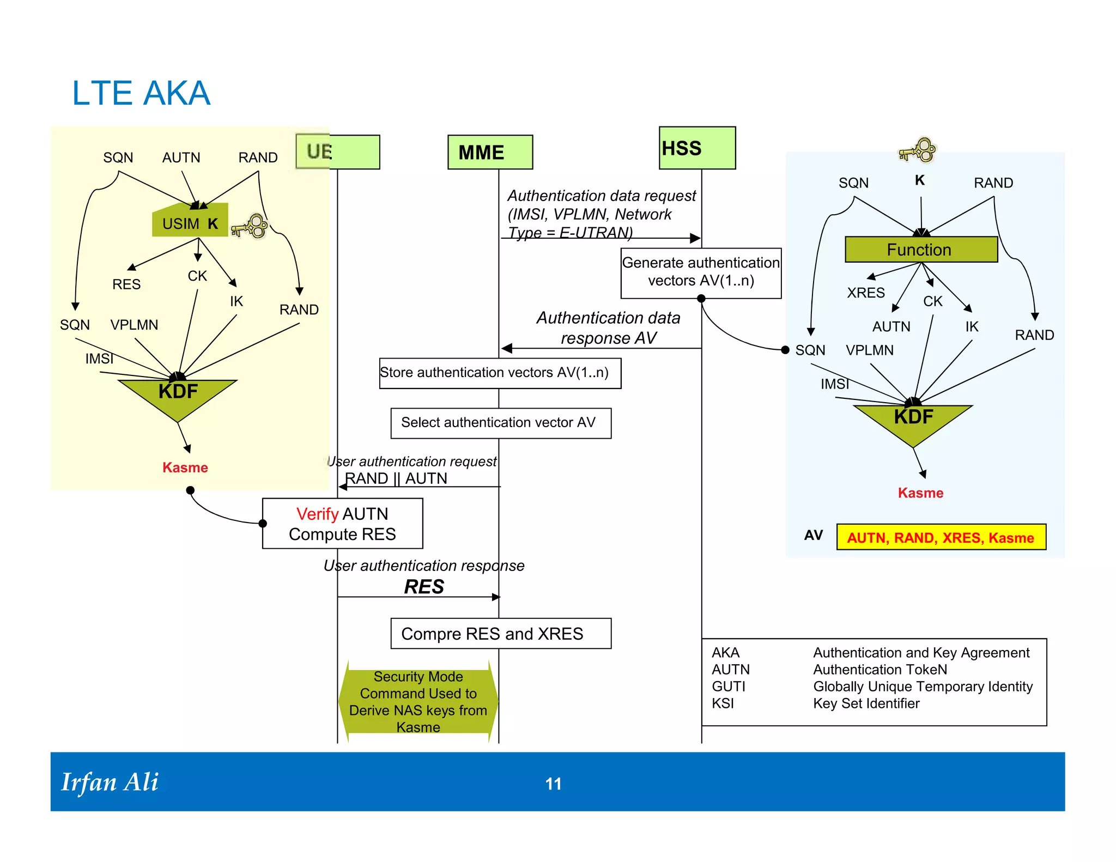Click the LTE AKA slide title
141,93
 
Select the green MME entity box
490,152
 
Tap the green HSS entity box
696,148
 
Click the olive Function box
921,250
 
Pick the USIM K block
190,222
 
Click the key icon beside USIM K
250,226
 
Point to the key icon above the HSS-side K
919,150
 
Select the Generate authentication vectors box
701,272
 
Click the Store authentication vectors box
500,373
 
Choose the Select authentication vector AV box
501,423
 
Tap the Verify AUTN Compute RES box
342,524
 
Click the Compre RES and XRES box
501,634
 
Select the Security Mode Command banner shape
418,701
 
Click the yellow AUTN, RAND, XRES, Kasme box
941,537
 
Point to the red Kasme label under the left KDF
185,468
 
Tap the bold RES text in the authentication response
424,587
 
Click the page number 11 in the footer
553,784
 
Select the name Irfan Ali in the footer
110,782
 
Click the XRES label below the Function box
866,293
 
